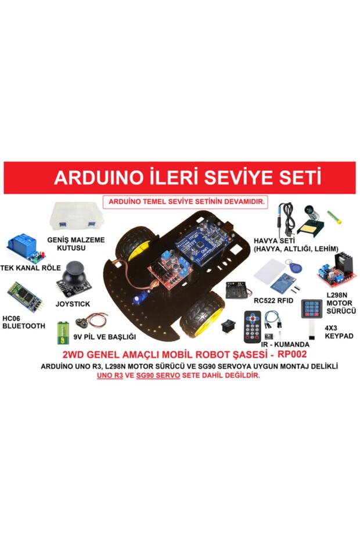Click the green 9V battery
(x=63, y=333)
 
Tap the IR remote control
(x=252, y=326)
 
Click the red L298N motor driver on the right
(x=333, y=271)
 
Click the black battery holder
(x=239, y=290)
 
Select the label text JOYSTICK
(x=73, y=304)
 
